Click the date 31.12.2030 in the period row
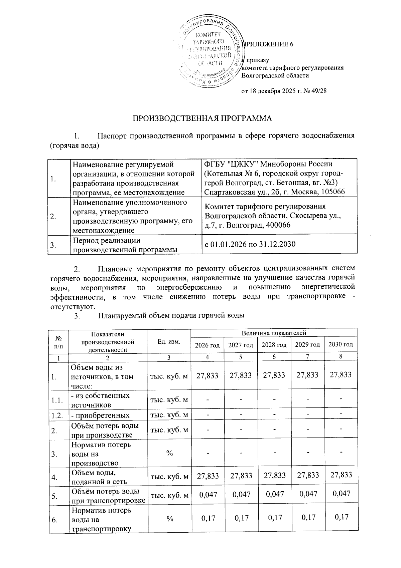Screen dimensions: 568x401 tap(279, 244)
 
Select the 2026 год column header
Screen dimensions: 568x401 tap(207, 345)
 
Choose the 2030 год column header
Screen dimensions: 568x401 tap(340, 344)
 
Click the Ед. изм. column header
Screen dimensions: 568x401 tap(169, 341)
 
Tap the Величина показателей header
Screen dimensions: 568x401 tap(274, 333)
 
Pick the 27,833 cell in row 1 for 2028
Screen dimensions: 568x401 tap(274, 375)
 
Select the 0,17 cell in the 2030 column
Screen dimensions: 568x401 tap(340, 517)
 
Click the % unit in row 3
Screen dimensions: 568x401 tap(169, 453)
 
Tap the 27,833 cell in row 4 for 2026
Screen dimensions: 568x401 tap(207, 475)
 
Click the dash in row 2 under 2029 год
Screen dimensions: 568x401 tap(307, 430)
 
